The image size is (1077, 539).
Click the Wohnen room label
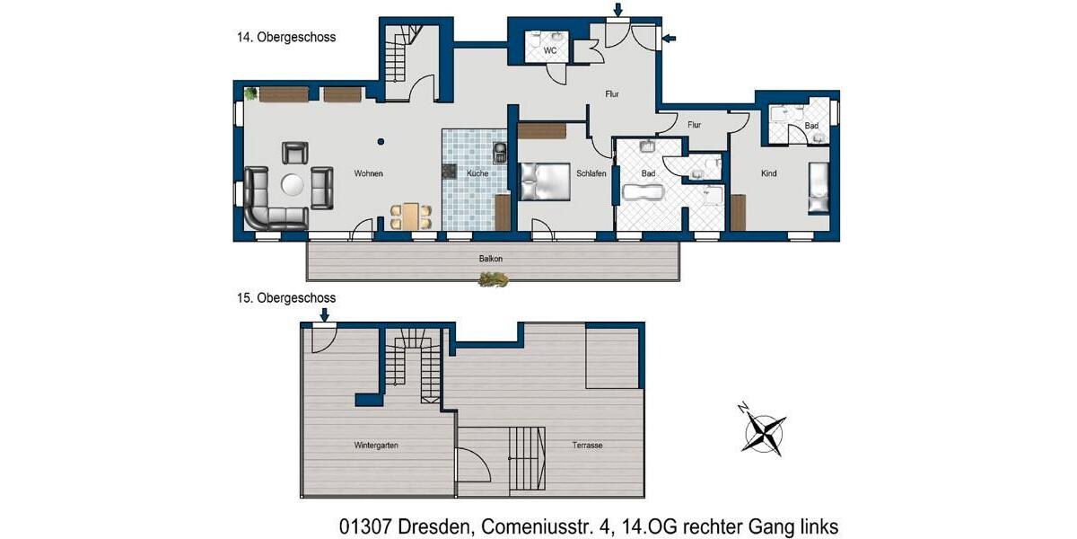click(x=368, y=173)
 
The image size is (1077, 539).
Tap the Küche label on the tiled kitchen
click(x=477, y=173)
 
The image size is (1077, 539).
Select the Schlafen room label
click(x=591, y=173)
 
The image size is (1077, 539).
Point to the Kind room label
click(x=768, y=173)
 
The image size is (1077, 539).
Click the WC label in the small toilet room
click(x=550, y=50)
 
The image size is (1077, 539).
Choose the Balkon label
click(x=490, y=259)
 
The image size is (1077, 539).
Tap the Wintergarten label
click(x=376, y=446)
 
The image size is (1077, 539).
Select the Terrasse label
click(x=587, y=446)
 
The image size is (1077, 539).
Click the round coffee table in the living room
click(x=293, y=185)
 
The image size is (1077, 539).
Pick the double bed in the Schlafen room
click(x=546, y=181)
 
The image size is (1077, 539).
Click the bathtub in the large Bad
click(x=644, y=192)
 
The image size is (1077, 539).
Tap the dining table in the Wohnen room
click(x=411, y=216)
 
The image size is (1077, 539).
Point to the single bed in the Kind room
click(x=819, y=188)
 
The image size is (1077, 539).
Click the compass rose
click(x=764, y=433)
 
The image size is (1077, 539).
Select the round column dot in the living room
click(x=381, y=142)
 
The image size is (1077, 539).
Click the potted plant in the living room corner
click(x=250, y=93)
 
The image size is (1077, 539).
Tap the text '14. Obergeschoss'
click(x=286, y=37)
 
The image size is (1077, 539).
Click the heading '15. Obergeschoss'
click(x=286, y=298)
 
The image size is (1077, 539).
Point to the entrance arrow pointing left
click(x=670, y=38)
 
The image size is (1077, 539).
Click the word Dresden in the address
click(x=435, y=526)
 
